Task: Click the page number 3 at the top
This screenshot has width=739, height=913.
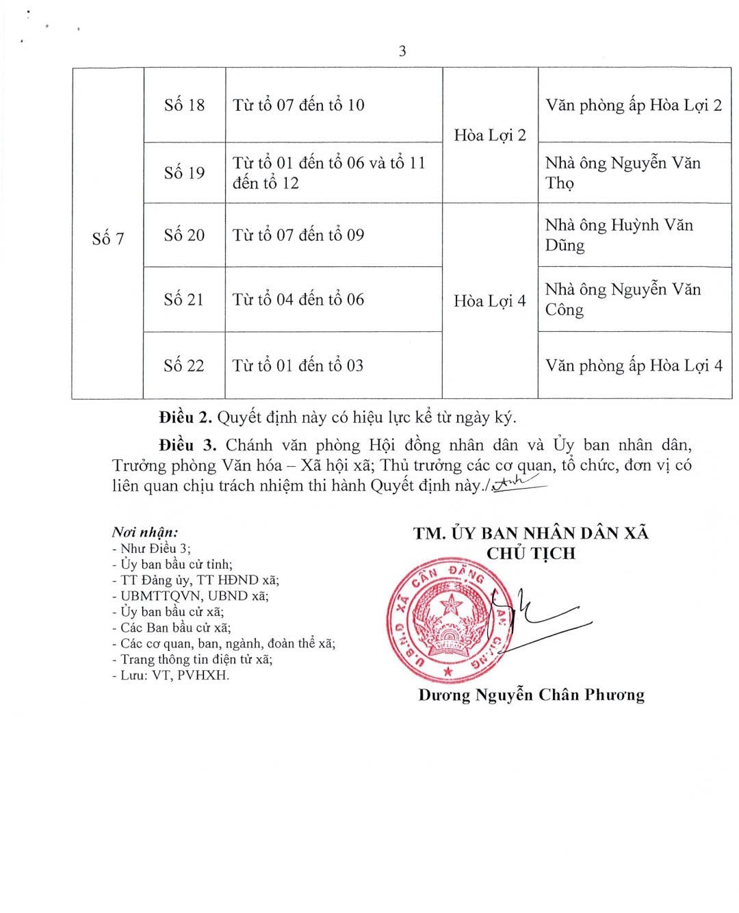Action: [402, 51]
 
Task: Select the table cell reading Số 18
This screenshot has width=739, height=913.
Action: [184, 105]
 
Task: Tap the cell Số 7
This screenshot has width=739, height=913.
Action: [108, 238]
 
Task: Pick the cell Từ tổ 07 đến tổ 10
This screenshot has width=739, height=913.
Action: [298, 105]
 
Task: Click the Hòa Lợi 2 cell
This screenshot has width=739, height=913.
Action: [490, 135]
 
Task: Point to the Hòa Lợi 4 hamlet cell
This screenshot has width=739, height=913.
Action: [490, 300]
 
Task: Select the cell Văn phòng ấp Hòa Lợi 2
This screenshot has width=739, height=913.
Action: [634, 105]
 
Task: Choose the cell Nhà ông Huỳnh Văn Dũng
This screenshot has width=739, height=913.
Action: [619, 235]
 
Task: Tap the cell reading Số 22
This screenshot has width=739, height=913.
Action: [184, 365]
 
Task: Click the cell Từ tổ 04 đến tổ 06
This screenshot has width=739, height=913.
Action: [298, 299]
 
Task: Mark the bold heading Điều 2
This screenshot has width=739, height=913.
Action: [185, 417]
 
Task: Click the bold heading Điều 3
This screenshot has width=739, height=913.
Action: [187, 445]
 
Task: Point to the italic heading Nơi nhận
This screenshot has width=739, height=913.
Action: [145, 532]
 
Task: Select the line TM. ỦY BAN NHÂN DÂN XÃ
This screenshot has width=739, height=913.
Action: [531, 533]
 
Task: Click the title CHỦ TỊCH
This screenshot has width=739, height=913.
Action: [531, 553]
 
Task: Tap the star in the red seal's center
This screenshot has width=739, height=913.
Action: [450, 606]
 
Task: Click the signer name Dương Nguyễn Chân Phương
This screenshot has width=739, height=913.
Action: [531, 695]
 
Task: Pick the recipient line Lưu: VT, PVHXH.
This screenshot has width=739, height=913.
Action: [171, 676]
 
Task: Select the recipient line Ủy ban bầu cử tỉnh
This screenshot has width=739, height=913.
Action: [172, 565]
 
